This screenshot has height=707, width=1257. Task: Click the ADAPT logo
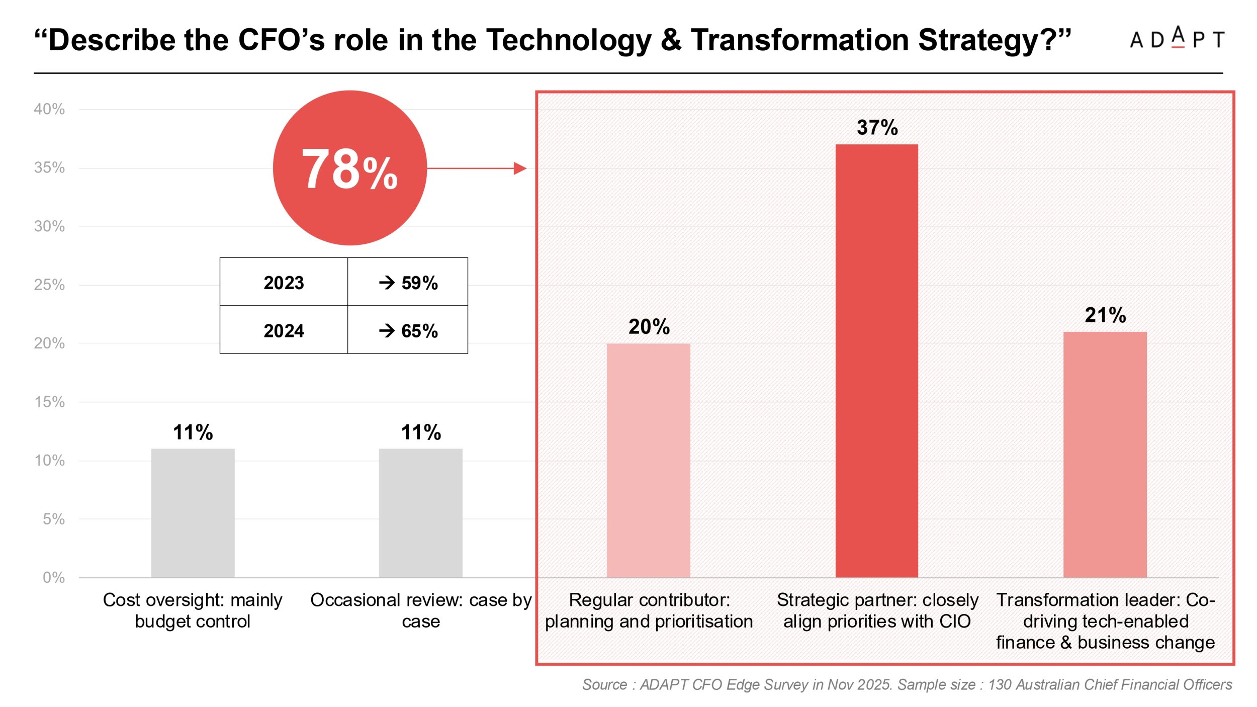click(x=1177, y=38)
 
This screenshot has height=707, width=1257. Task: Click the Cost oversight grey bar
click(x=193, y=513)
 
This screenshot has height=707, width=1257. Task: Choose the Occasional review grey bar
click(x=420, y=513)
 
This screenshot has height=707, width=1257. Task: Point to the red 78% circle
click(x=350, y=168)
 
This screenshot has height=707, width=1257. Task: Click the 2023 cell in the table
click(x=284, y=282)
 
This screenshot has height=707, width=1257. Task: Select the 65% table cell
click(x=408, y=330)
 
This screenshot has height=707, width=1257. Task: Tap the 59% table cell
click(x=408, y=282)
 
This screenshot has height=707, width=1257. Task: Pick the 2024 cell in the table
click(x=284, y=330)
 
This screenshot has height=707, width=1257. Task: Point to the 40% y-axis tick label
click(x=49, y=109)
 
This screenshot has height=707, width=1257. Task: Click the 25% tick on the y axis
click(x=49, y=285)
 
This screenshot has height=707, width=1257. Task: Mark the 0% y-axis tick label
click(x=53, y=577)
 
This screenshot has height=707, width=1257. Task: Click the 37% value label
click(x=877, y=128)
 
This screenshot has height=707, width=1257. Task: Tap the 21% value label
click(x=1105, y=315)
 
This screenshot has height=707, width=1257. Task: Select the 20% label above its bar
click(x=649, y=327)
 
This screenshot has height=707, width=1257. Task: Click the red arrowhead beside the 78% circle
click(x=520, y=168)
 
